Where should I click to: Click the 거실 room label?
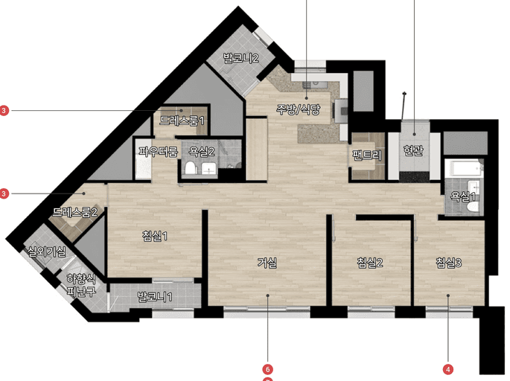pos(267,263)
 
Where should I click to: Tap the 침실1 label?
pos(155,236)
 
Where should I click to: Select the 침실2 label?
pos(370,263)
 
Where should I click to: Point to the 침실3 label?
pos(449,263)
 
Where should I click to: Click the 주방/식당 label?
pos(299,109)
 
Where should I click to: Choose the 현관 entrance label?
pos(413,150)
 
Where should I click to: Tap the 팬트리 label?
pos(367,156)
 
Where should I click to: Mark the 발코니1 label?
pos(155,297)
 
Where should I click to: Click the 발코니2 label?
pos(240,58)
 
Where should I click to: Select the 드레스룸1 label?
pos(182,121)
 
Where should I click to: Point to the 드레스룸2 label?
pos(75,212)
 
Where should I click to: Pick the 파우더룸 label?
pos(159,152)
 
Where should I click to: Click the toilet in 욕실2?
pos(190,168)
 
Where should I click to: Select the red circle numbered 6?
pos(268,369)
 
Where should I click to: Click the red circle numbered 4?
pos(448,369)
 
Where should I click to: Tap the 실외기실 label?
pos(46,252)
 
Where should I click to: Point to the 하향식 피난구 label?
pos(81,285)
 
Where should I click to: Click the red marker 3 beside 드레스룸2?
pos(4,193)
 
